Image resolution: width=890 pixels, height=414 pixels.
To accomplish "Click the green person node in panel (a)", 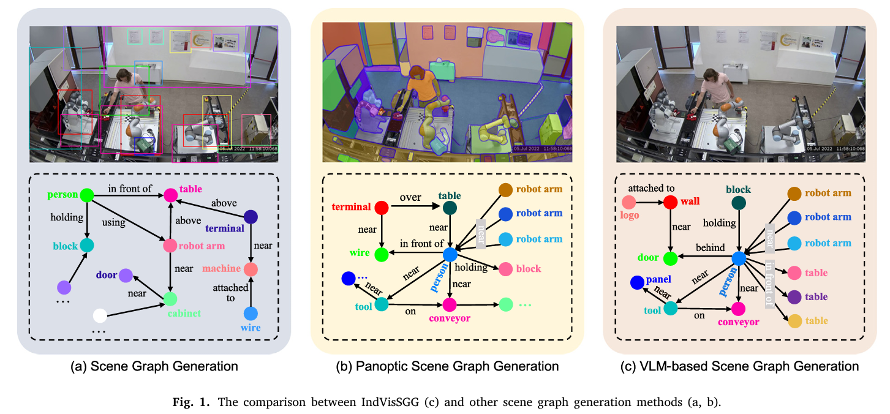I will point(86,195).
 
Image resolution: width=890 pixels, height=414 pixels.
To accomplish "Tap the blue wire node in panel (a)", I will point(251,314).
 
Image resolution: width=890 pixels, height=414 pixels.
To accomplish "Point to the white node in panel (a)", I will point(100,317).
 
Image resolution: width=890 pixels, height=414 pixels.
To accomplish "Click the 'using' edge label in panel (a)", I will point(114,222).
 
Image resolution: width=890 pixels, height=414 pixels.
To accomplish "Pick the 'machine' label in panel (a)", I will point(221,269).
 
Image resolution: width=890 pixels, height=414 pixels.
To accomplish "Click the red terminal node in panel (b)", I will point(382,208).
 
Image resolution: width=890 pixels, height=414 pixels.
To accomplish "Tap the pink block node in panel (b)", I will point(505,268).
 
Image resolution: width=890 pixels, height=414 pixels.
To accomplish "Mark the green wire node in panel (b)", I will point(382,254).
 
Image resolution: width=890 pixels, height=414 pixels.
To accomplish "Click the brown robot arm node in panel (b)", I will point(505,190).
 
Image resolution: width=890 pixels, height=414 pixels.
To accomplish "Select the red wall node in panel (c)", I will point(671,202).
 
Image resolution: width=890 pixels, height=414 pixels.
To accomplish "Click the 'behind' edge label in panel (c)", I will point(709,248).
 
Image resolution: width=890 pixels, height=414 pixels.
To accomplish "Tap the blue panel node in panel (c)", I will point(636,282).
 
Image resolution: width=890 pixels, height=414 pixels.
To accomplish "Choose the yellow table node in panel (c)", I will point(794,320).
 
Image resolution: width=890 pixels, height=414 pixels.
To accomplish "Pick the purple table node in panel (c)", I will point(794,297).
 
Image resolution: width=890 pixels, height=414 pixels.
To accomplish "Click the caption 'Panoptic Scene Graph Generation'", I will point(447,367).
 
